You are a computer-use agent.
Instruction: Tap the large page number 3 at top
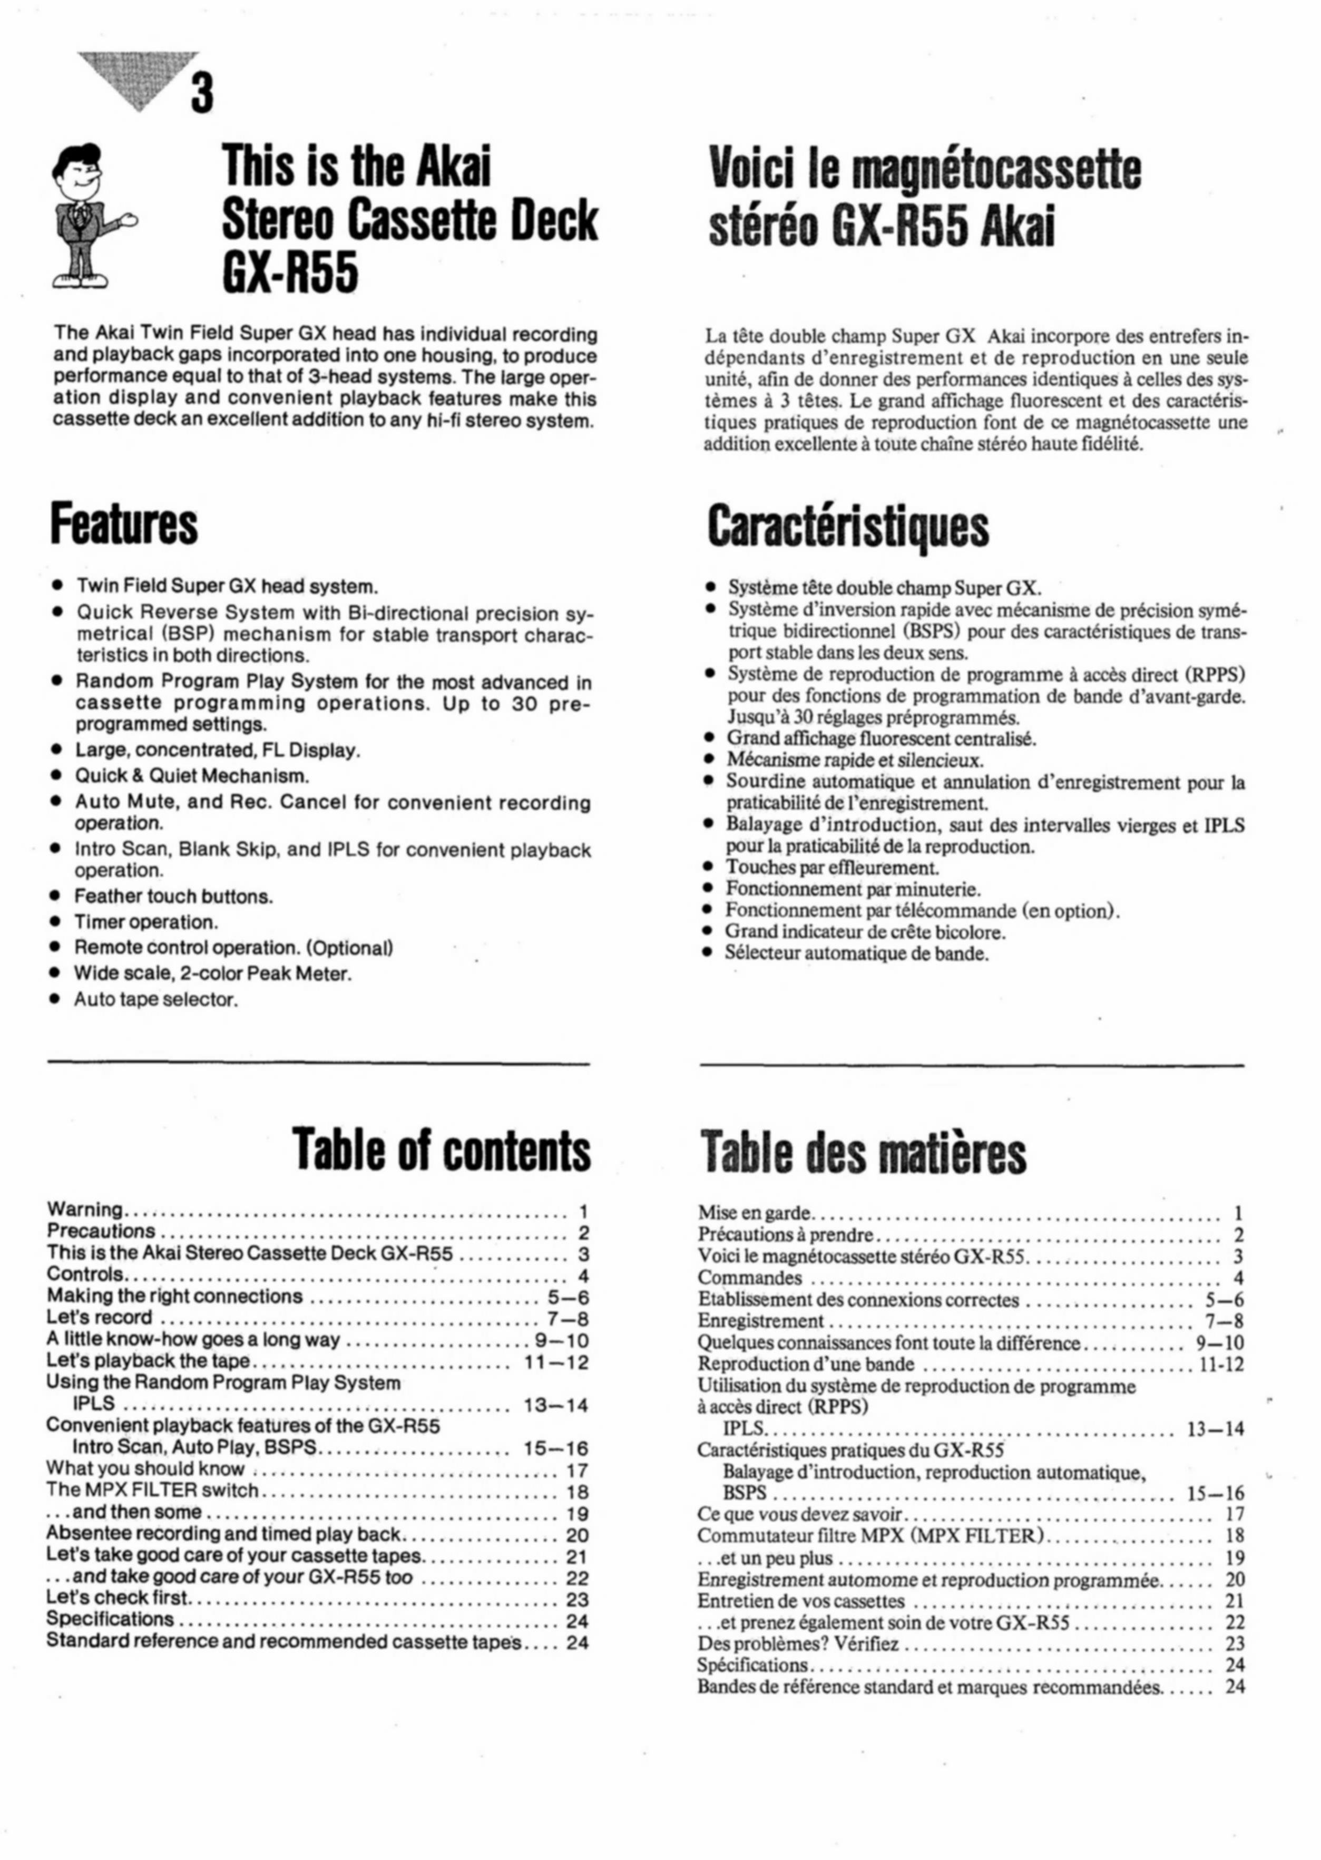202,91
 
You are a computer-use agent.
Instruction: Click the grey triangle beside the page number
138,77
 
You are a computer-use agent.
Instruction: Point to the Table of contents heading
442,1150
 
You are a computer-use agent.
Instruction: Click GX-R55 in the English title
290,274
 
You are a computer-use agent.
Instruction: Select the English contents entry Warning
85,1210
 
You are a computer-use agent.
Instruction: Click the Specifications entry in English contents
110,1619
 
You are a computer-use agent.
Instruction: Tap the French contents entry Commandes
749,1278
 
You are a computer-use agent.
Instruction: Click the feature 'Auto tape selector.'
155,1000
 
